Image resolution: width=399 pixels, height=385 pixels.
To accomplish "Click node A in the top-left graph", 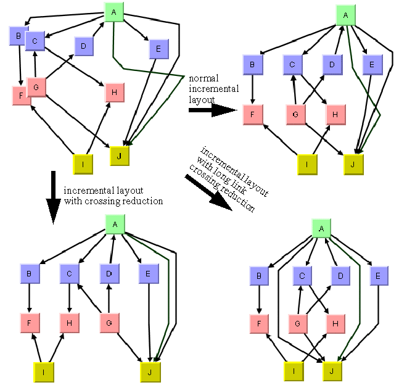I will click(x=113, y=12).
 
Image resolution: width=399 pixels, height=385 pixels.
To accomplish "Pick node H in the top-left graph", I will click(x=114, y=92).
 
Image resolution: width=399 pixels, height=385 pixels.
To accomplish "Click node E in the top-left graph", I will click(x=158, y=48).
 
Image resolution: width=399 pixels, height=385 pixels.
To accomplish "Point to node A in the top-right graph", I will click(x=345, y=14).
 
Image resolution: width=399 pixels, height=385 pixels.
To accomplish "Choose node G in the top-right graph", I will click(x=296, y=114).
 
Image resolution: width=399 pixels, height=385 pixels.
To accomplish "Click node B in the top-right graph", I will click(x=252, y=64).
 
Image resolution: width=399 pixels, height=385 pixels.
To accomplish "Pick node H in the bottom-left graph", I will click(x=69, y=323).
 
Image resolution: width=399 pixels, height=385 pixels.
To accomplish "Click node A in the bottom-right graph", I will click(x=321, y=229).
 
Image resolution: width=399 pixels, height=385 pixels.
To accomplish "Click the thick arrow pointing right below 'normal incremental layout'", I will click(x=213, y=110).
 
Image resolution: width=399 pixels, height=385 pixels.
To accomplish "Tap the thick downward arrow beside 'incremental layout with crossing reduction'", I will click(x=54, y=200).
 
